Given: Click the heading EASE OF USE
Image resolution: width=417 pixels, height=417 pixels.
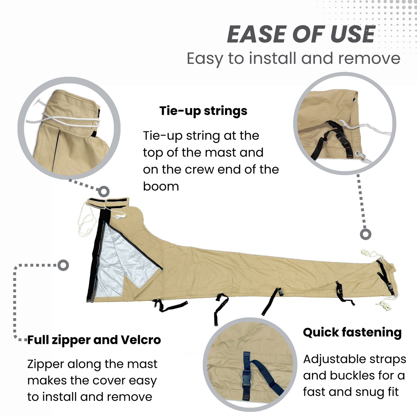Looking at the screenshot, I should point(301,34).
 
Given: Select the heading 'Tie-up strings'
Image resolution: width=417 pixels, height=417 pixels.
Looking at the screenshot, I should point(203,111).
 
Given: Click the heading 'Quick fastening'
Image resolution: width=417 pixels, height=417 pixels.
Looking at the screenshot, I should point(352,333).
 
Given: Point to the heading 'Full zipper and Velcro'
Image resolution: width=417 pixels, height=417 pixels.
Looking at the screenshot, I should point(94,340).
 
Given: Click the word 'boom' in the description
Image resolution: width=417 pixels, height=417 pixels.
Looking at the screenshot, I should point(161,187).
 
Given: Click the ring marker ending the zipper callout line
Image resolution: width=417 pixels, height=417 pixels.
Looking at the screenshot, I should point(63,265).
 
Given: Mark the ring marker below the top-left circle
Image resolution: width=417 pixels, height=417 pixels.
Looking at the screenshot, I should point(104,191).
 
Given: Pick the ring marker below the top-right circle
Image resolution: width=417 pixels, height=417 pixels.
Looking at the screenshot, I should point(365,234).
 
